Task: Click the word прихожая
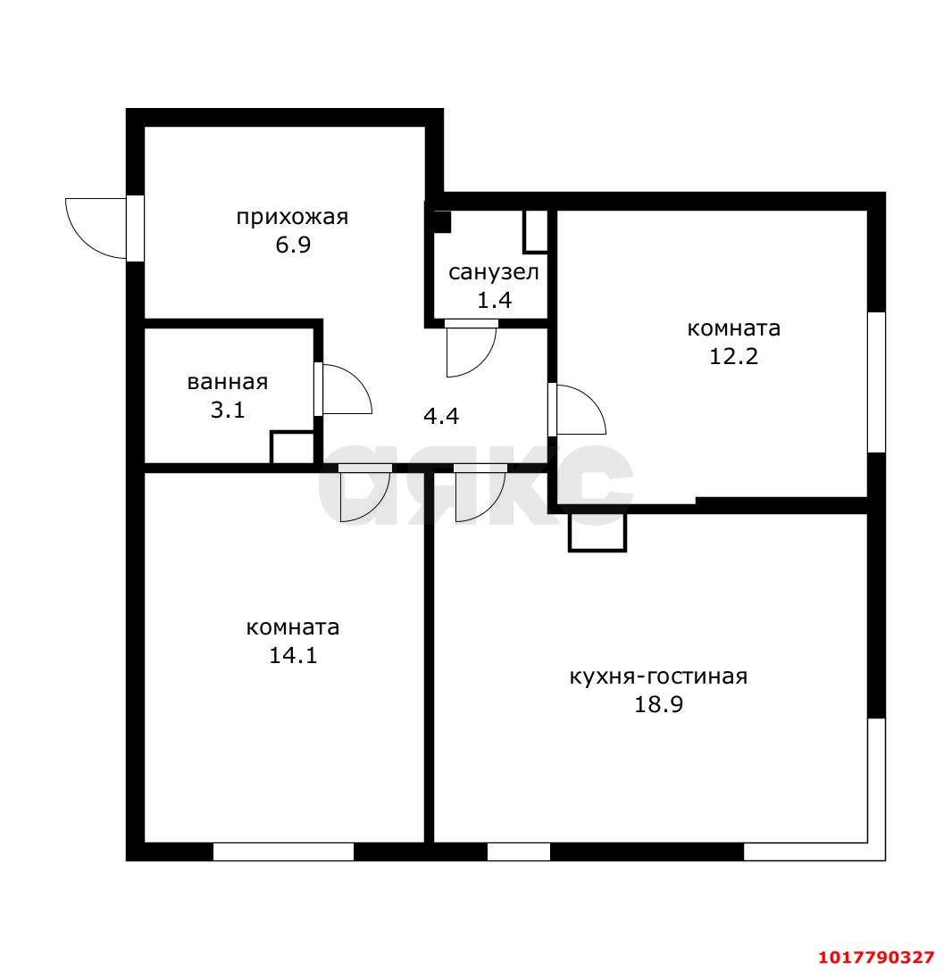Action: pos(292,218)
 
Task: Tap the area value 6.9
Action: pos(293,245)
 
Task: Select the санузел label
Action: pos(494,272)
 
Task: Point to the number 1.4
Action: pos(494,301)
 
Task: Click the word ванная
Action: pos(228,382)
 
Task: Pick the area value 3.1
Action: pos(228,410)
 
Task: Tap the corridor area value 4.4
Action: pos(440,416)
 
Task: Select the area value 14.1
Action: pos(293,655)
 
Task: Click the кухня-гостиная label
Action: pos(658,676)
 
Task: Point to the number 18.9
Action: pos(658,705)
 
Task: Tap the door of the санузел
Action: pos(471,349)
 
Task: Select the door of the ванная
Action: pos(343,389)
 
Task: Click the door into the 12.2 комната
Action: pos(577,410)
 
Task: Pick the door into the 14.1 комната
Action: pos(365,493)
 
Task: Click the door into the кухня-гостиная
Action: pos(480,493)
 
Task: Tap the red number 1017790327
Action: pos(876,958)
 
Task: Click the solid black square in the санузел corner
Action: pos(442,221)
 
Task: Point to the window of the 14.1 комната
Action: pos(283,852)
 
